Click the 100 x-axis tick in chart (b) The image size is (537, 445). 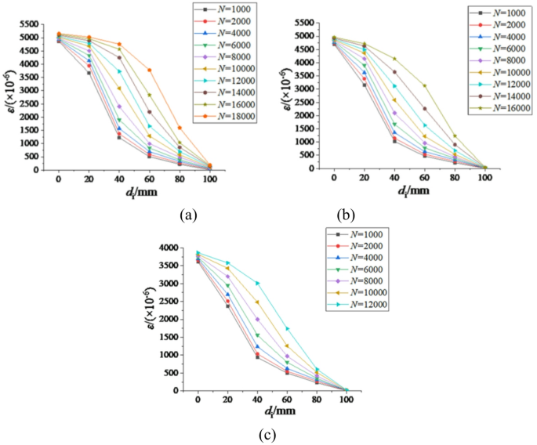[485, 179]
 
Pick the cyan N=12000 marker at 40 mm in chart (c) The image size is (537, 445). [257, 283]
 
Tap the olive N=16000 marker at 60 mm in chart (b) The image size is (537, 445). [425, 85]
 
